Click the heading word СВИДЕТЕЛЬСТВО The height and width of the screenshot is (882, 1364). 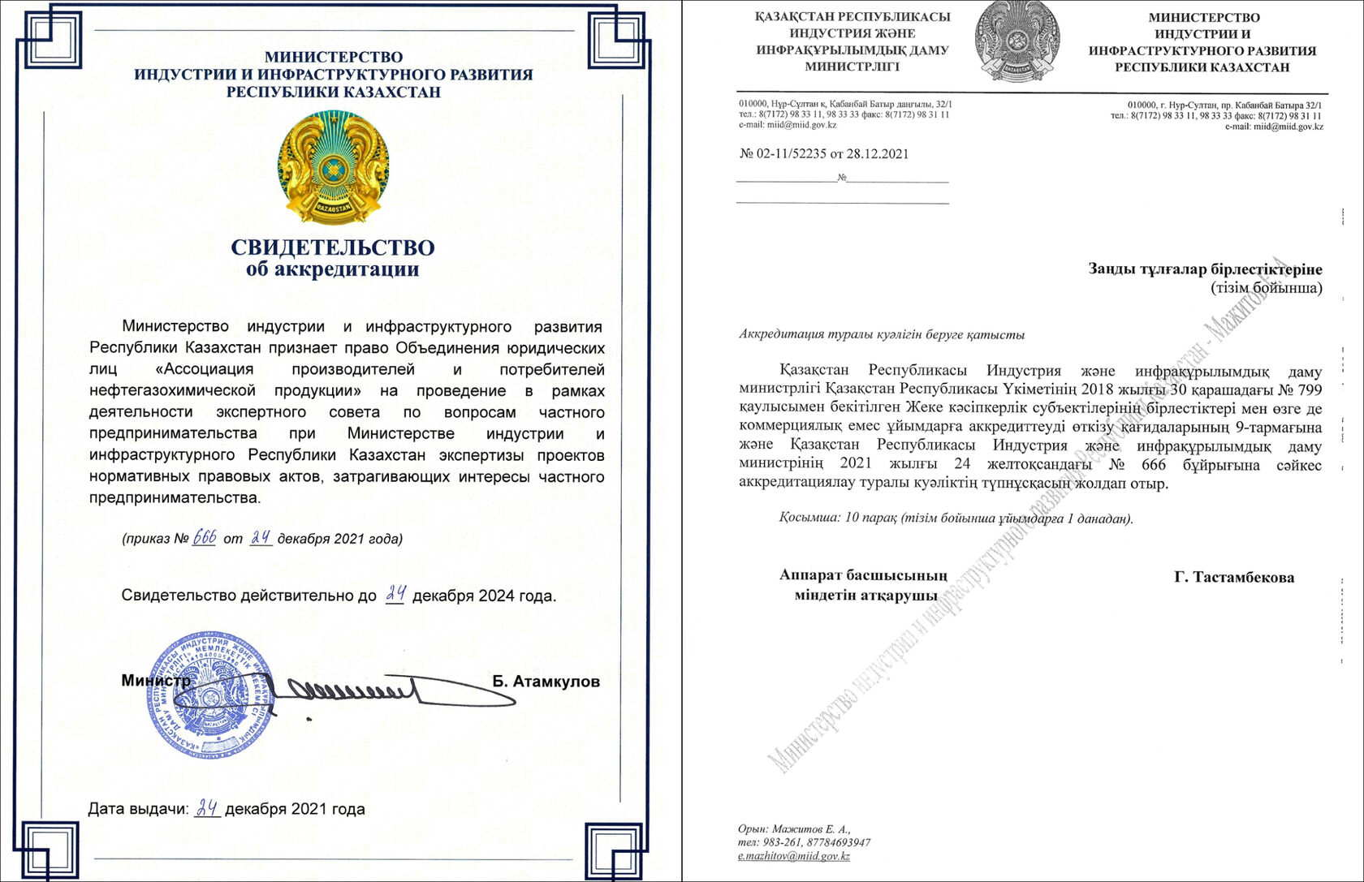(333, 247)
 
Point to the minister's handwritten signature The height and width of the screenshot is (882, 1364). (357, 692)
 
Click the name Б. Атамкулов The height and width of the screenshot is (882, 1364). (546, 682)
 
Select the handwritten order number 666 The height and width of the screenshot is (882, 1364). (204, 537)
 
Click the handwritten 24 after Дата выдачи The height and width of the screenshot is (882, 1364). (208, 808)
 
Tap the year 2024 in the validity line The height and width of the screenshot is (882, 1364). (495, 596)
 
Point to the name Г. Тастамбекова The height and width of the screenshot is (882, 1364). (1234, 578)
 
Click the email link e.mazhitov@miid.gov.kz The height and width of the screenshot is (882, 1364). (794, 856)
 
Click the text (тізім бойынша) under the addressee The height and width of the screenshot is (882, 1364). (1267, 287)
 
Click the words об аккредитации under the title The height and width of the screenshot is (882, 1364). (333, 269)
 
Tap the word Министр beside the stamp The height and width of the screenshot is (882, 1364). (156, 681)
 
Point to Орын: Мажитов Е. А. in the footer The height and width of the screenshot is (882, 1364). (794, 829)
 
